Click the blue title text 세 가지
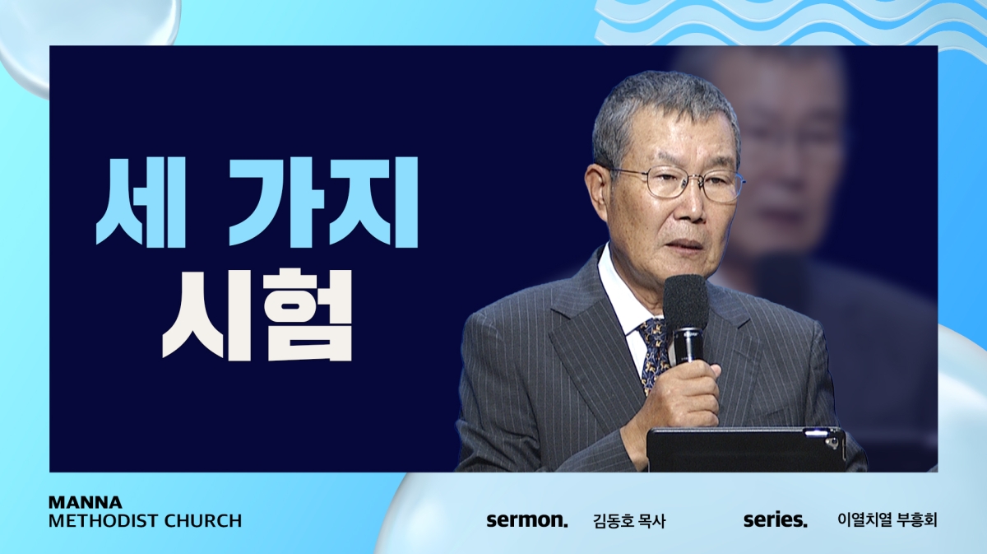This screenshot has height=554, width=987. click(257, 202)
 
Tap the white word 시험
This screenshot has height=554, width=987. click(257, 315)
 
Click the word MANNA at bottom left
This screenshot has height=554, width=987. click(85, 502)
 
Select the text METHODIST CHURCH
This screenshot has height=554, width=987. click(145, 521)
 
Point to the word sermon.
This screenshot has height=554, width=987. click(527, 520)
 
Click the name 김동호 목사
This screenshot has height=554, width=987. click(629, 521)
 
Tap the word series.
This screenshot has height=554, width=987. click(776, 520)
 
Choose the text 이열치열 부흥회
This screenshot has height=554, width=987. click(887, 520)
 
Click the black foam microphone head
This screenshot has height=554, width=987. click(686, 302)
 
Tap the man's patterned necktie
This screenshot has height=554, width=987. click(653, 353)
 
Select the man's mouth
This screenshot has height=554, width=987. click(688, 244)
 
